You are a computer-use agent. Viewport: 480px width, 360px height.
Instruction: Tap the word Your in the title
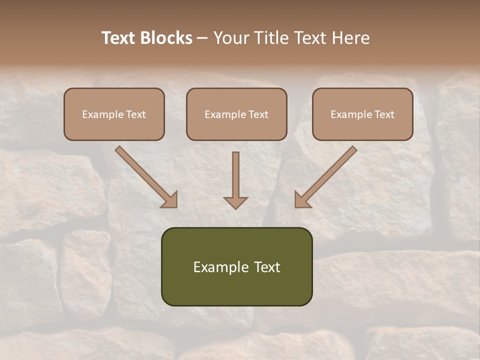point(231,38)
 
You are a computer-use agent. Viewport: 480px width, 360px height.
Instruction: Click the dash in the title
point(202,38)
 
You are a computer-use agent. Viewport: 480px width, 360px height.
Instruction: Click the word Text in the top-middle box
point(257,114)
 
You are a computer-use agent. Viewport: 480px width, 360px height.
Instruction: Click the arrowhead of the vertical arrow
point(235,202)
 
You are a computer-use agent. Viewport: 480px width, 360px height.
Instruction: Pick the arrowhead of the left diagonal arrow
point(170,200)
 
